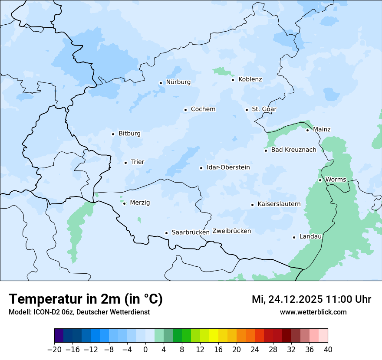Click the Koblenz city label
250,79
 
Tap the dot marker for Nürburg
161,82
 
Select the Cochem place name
203,109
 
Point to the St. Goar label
264,109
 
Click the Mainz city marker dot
307,130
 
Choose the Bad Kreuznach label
293,150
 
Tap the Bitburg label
129,134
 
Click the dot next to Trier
125,163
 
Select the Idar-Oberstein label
228,167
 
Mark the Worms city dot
320,180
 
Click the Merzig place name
140,203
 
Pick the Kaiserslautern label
279,204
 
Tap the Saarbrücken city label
191,232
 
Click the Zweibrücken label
231,231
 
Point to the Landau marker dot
294,237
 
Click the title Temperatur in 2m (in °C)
86,299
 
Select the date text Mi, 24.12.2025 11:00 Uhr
311,299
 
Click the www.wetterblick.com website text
313,312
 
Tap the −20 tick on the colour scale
54,350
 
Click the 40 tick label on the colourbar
328,350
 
